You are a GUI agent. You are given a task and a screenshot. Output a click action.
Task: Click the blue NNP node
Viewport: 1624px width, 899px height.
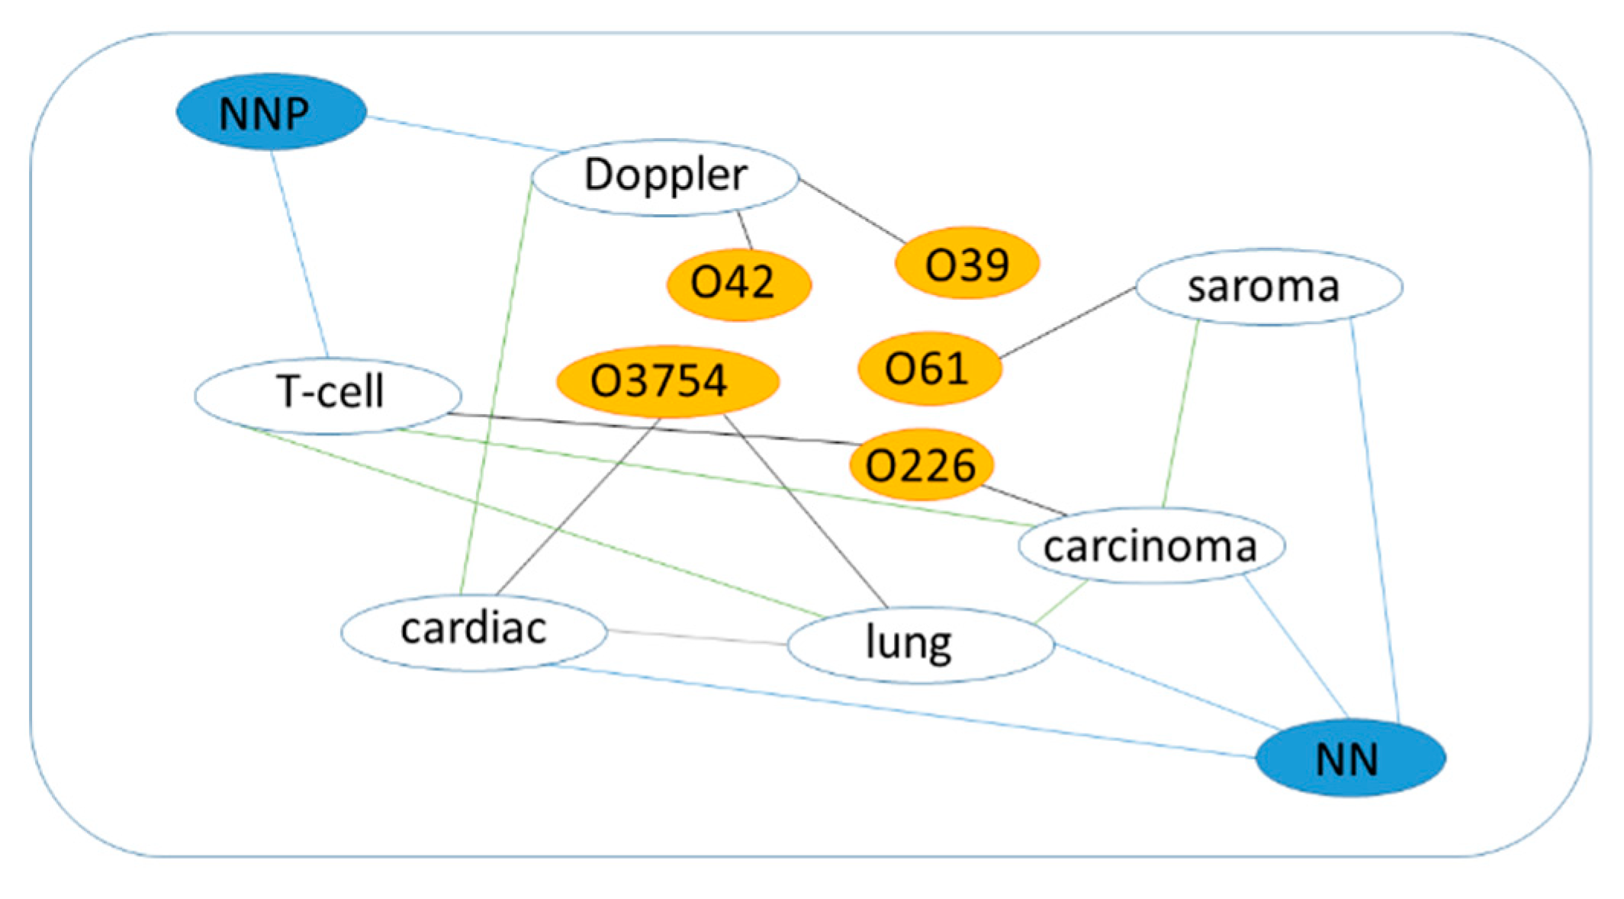pos(271,112)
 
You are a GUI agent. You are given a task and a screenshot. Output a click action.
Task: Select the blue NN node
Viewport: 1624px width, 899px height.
pos(1349,758)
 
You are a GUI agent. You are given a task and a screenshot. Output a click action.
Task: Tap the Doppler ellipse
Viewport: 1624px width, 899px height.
pos(664,176)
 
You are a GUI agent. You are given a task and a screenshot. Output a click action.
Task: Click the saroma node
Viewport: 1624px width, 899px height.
pos(1269,287)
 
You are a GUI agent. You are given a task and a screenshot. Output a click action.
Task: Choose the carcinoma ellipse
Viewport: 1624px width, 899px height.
pos(1151,546)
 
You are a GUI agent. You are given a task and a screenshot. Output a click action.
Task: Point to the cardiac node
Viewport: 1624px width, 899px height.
pos(473,631)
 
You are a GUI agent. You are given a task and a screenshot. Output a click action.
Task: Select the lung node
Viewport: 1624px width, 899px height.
pos(919,644)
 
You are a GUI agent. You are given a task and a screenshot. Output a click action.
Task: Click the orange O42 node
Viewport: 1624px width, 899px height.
pos(738,284)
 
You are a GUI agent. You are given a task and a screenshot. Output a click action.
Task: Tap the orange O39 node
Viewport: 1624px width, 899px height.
pos(966,263)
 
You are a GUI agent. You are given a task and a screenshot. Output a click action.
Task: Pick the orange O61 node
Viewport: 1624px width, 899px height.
pos(928,368)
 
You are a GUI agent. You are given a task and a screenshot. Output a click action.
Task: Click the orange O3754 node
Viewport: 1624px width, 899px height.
pos(667,380)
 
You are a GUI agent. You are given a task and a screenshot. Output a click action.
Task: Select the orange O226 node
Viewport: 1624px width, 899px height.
pos(921,464)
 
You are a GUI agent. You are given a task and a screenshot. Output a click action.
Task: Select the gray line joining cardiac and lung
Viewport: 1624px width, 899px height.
pos(696,637)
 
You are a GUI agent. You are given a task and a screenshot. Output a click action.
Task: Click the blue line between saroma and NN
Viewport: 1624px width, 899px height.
pos(1375,519)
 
